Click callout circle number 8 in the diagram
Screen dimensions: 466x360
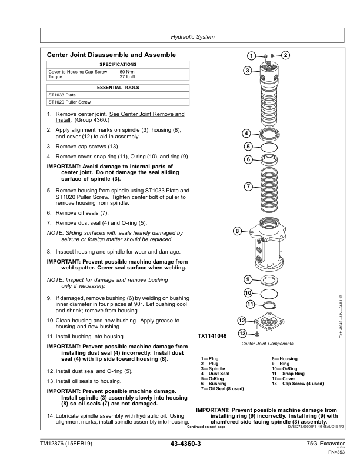236,231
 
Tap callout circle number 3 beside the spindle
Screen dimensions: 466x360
248,71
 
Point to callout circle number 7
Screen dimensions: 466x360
248,187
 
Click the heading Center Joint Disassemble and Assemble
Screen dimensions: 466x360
111,55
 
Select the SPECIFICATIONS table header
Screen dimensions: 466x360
118,64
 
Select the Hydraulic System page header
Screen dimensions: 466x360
179,36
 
